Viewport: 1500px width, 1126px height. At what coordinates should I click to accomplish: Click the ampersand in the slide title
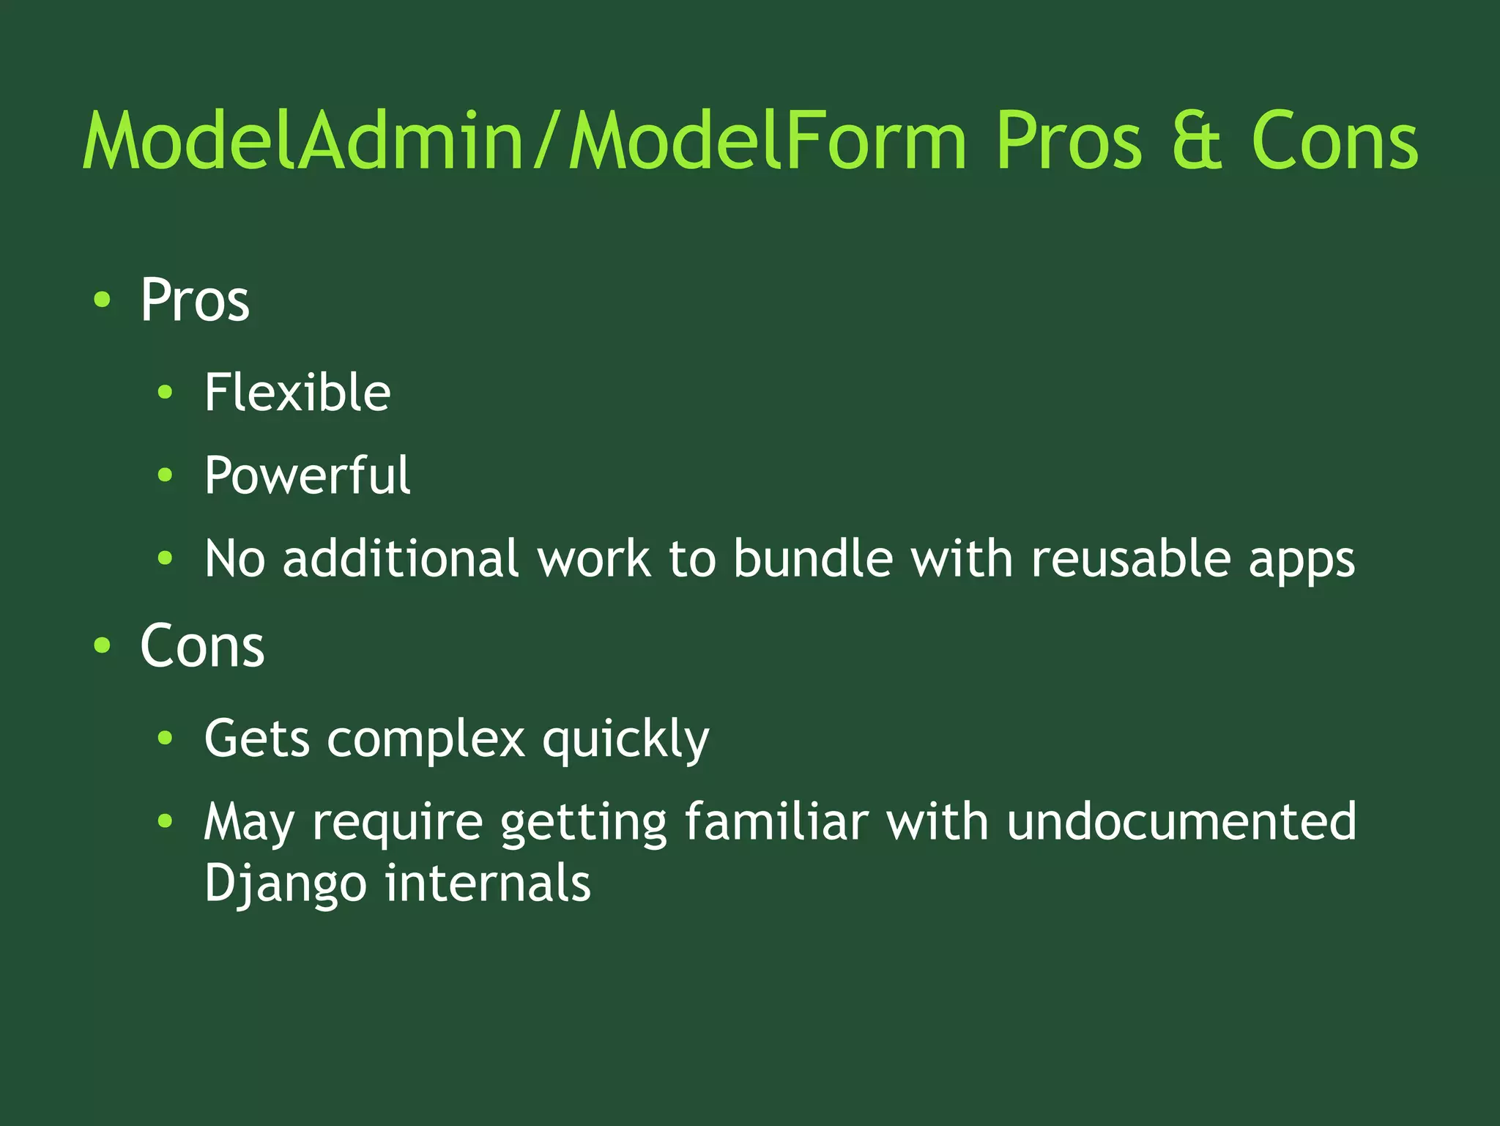tap(1197, 141)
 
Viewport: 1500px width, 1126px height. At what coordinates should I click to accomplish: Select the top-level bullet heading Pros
tap(195, 300)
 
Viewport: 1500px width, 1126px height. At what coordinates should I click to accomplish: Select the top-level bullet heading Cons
tap(202, 647)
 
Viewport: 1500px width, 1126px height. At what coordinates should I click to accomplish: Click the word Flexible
tap(297, 393)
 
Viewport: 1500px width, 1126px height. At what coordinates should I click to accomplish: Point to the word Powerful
tap(308, 476)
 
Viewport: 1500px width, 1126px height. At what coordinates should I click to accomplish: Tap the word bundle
tap(813, 559)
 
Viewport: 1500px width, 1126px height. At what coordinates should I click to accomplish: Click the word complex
tap(426, 738)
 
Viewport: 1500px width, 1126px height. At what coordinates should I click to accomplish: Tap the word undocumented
tap(1181, 821)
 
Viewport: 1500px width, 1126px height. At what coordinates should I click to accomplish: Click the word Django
tap(285, 884)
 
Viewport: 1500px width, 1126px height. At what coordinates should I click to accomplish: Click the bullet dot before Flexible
tap(166, 393)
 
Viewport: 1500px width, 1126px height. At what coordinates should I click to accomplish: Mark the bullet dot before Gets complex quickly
tap(166, 738)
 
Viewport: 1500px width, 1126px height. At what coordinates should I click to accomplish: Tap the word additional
tap(401, 559)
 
